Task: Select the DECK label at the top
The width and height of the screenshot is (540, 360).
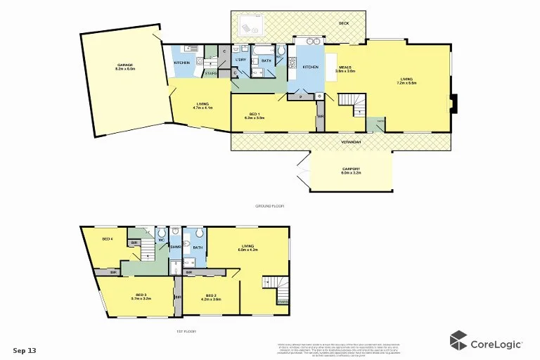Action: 343,23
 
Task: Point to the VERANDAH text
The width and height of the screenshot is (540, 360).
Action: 351,142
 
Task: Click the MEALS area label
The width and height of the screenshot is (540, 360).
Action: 344,67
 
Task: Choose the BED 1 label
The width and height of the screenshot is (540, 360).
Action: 253,115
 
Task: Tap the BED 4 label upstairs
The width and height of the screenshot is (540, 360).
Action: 107,239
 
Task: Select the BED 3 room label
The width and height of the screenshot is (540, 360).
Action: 141,295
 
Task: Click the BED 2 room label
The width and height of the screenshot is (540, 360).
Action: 211,295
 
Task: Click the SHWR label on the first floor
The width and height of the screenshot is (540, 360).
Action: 176,247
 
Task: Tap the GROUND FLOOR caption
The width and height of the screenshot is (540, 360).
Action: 269,205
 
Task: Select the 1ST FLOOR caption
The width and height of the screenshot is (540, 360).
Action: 186,330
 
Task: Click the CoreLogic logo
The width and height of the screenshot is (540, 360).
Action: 486,342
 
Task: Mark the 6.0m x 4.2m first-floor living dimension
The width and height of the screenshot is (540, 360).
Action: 248,250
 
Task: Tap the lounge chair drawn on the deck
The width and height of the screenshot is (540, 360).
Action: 250,27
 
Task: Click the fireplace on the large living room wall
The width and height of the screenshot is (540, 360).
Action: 454,103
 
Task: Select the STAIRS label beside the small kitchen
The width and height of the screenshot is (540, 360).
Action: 210,72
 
